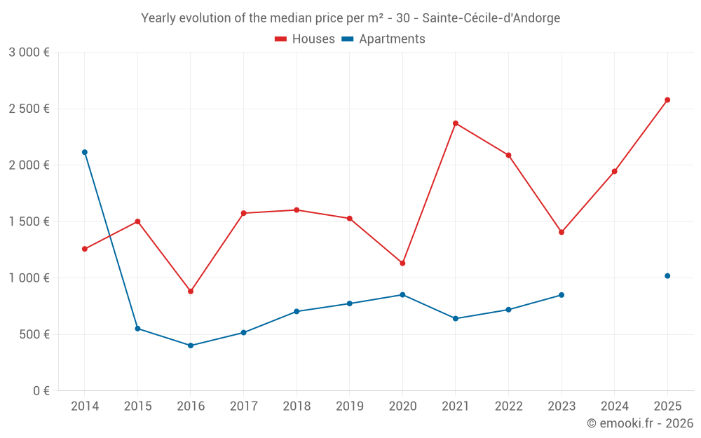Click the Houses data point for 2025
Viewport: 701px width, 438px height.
click(667, 100)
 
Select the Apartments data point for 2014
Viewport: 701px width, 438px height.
click(85, 152)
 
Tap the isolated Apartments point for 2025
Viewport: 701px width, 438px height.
click(667, 276)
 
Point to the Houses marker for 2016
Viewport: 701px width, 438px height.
click(191, 292)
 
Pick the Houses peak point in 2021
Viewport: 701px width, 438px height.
click(455, 123)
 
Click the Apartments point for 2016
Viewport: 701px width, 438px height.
click(191, 345)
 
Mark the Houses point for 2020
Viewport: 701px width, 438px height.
click(402, 264)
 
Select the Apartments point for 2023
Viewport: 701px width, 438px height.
click(561, 295)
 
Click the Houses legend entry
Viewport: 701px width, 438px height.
click(305, 39)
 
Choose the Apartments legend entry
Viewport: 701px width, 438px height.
click(383, 39)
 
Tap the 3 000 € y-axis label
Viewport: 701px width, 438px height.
click(29, 53)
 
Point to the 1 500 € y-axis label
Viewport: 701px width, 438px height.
click(29, 221)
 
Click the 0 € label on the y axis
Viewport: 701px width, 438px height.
click(41, 390)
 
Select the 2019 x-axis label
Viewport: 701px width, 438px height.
click(350, 406)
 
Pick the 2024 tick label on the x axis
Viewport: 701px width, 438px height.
click(614, 406)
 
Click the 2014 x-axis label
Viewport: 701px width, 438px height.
click(85, 406)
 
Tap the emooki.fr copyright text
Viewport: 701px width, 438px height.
click(640, 423)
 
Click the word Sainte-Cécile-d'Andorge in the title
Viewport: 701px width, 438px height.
click(491, 18)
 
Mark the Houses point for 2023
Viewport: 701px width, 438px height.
click(561, 233)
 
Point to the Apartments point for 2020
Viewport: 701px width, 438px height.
click(402, 295)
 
